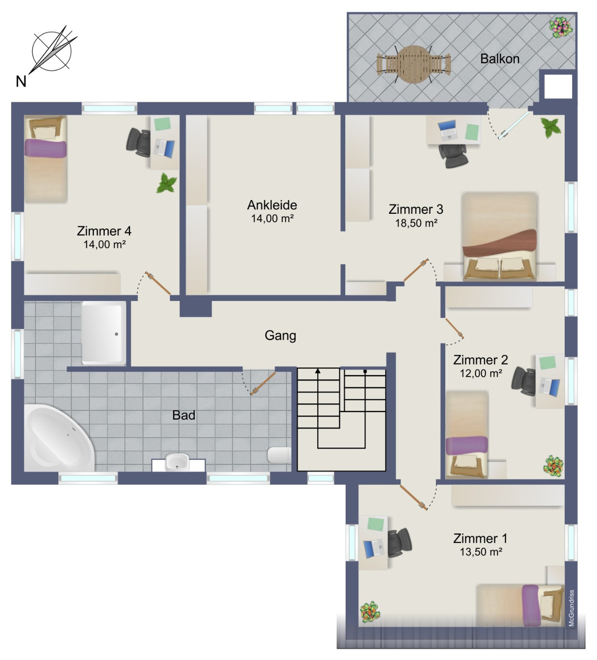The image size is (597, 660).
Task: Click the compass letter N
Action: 21,81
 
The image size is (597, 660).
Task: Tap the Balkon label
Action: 500,59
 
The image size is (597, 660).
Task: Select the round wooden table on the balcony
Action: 414,64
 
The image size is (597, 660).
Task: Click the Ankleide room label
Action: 272,205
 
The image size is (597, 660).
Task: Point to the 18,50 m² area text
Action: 416,223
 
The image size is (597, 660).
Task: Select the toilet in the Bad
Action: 279,455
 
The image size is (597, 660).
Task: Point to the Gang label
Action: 280,335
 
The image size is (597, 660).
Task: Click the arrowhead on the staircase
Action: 318,371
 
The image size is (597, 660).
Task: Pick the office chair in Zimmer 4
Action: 138,142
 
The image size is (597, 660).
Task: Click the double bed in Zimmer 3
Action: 500,236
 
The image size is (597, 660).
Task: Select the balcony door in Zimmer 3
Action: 513,125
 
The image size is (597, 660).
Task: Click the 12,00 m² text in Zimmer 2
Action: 481,373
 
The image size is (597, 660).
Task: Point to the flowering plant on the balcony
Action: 561,27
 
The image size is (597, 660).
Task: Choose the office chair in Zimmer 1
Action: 399,543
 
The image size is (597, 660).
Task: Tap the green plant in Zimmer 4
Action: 167,183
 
